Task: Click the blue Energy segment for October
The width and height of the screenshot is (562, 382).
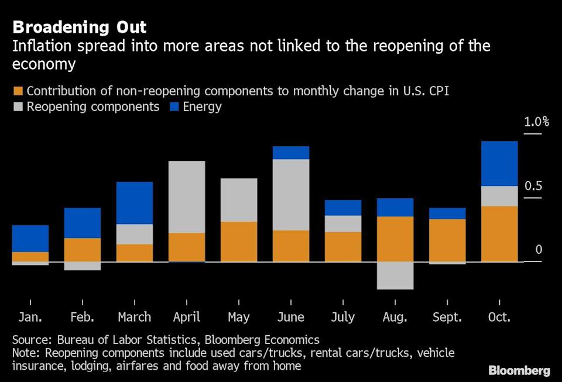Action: [x=499, y=163]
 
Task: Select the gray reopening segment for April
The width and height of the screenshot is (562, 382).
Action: [x=187, y=197]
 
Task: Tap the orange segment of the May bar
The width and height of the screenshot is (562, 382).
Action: [x=239, y=241]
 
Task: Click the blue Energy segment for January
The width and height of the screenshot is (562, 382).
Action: [x=30, y=238]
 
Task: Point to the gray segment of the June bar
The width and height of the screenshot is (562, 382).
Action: [x=291, y=194]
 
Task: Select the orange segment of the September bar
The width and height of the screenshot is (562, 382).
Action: [x=447, y=240]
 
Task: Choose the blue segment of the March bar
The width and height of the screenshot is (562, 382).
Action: [x=135, y=202]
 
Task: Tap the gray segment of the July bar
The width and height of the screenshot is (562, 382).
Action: [x=343, y=223]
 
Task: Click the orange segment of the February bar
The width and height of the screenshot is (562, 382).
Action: [x=83, y=249]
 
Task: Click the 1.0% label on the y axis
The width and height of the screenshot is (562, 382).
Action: [x=537, y=122]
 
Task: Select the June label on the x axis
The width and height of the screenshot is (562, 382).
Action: [x=291, y=317]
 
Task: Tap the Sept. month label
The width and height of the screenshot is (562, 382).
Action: [x=447, y=317]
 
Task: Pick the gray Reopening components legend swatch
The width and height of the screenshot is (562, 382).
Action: [x=17, y=107]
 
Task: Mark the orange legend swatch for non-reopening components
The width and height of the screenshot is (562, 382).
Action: [x=17, y=91]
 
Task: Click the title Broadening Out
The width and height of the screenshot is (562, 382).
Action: [x=80, y=27]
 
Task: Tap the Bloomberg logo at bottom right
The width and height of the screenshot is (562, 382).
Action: [x=519, y=370]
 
